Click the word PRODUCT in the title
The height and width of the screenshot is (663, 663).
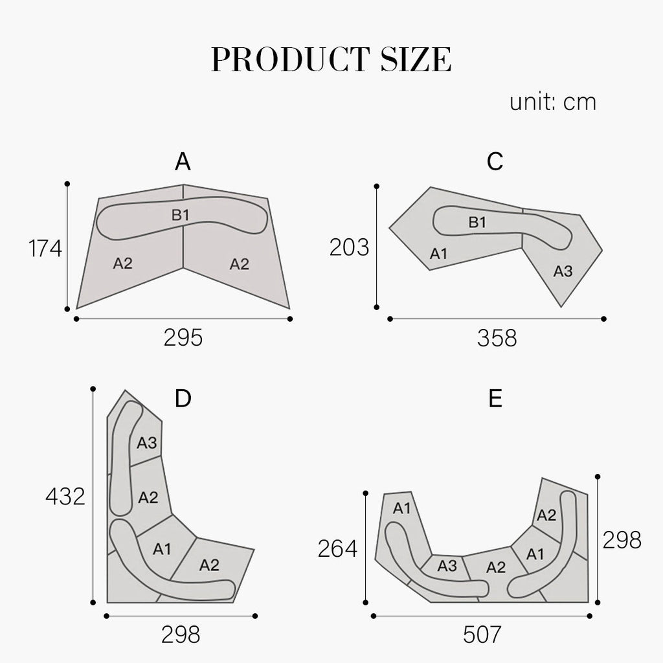coord(290,59)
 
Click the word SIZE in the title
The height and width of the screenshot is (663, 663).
coord(416,59)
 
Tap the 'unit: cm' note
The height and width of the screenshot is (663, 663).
coord(553,102)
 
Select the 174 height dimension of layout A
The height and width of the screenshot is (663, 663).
coord(45,248)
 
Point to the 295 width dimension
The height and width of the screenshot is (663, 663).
coord(183,338)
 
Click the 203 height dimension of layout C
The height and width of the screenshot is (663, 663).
coord(349,247)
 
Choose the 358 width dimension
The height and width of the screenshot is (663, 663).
coord(497,338)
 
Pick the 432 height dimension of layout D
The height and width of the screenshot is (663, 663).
coord(65,496)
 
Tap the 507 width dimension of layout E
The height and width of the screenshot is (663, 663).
coord(482,635)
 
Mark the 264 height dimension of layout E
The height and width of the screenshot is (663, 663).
coord(337,548)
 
